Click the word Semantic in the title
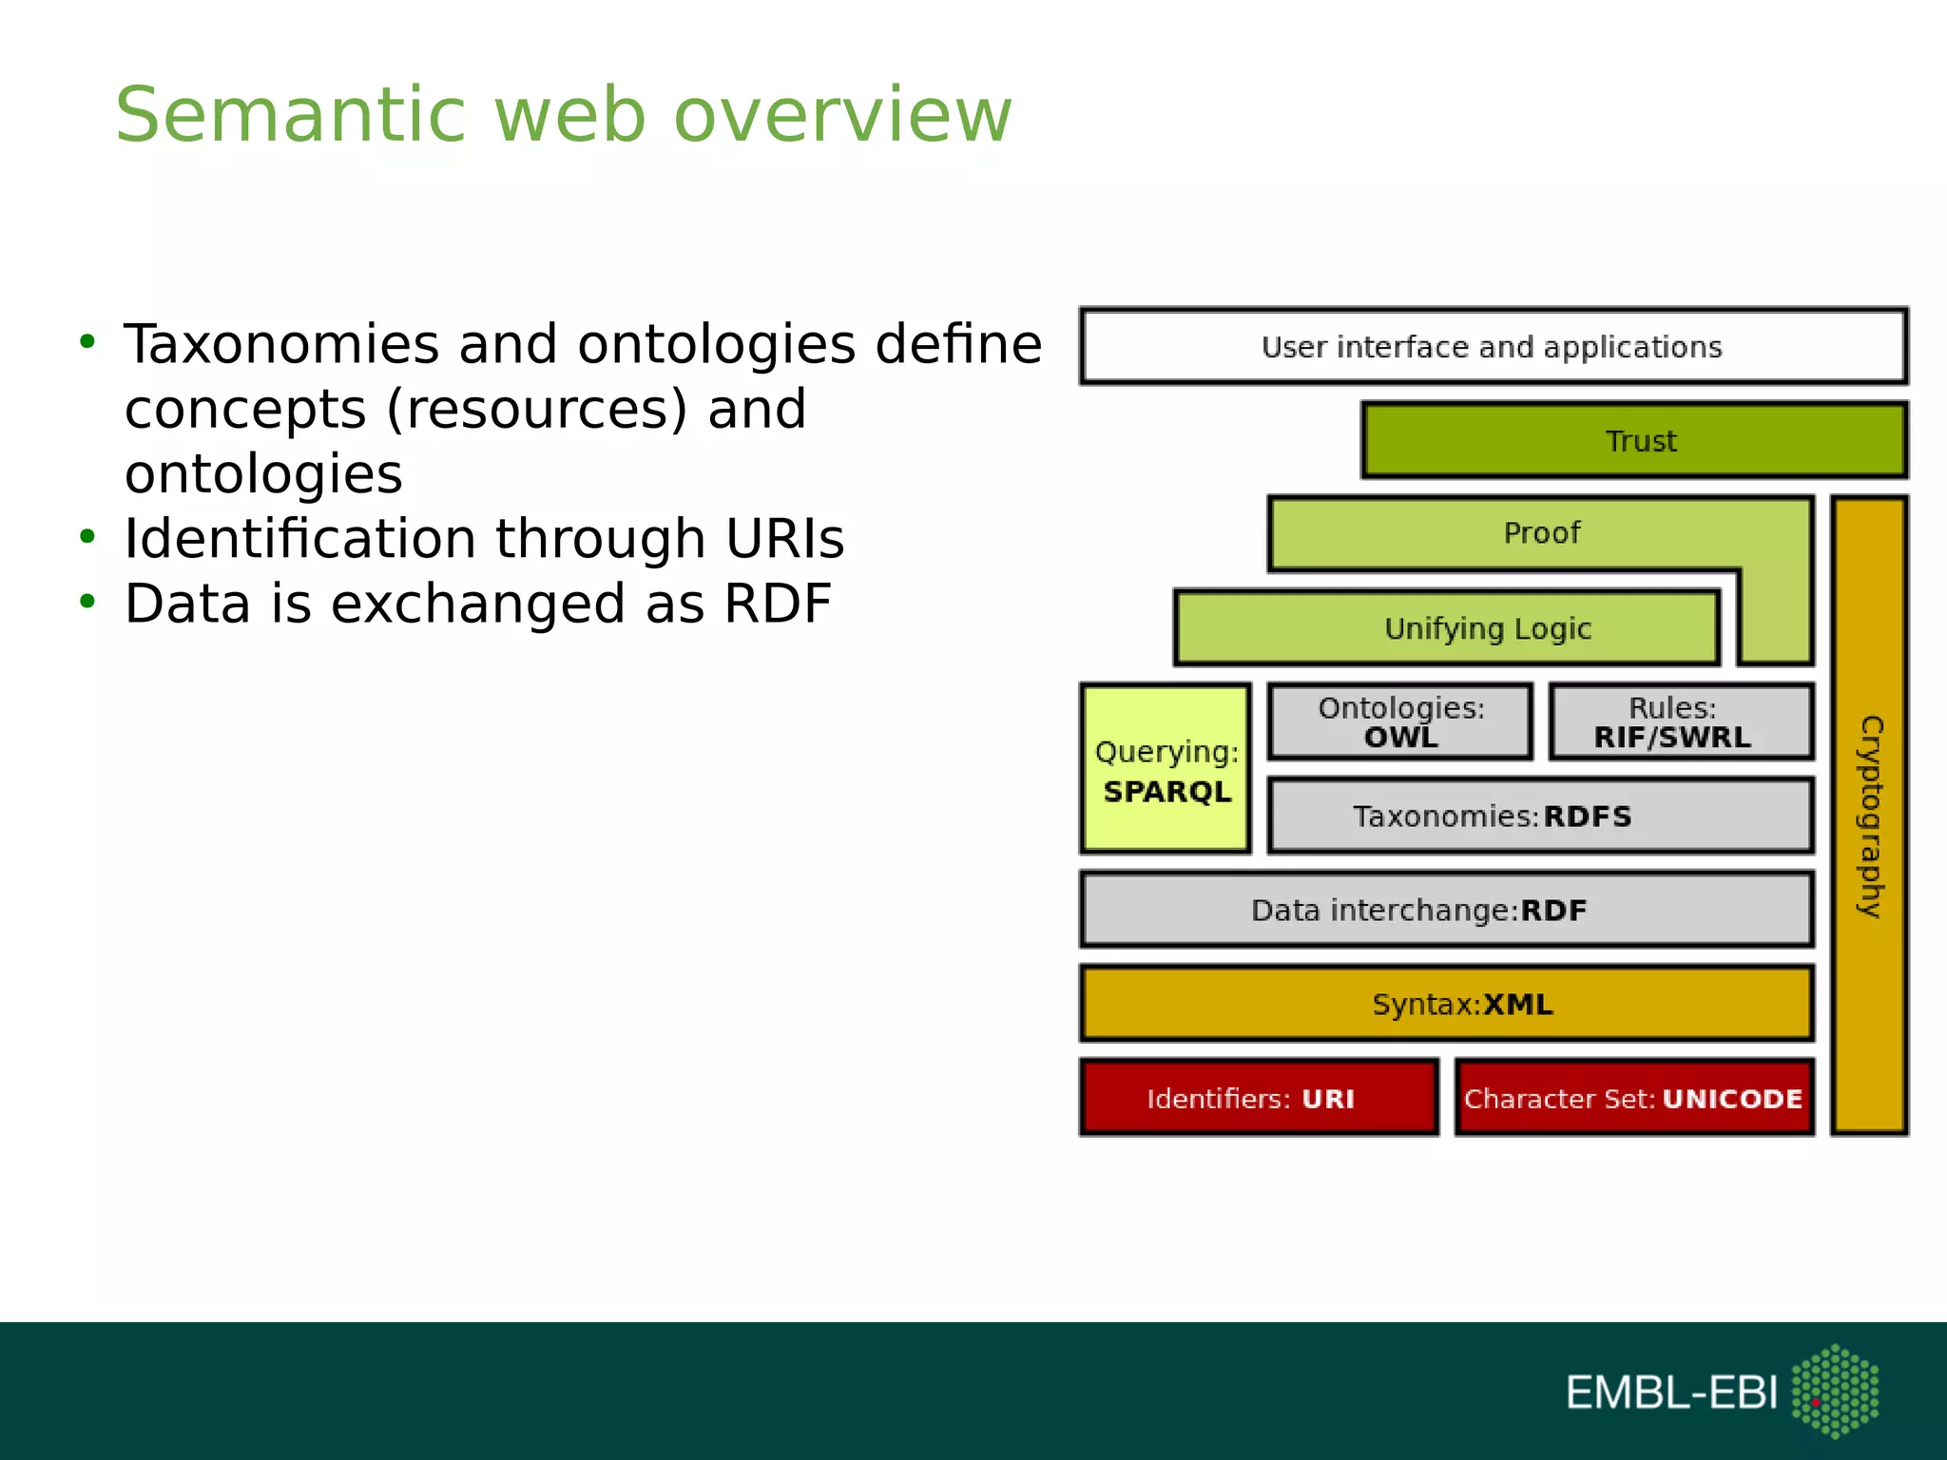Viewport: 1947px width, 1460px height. click(290, 115)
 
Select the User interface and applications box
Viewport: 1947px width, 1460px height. click(1493, 346)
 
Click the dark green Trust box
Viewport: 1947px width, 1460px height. click(1633, 440)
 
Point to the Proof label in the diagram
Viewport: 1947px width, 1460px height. click(1541, 533)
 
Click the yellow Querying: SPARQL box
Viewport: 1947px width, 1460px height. click(1166, 769)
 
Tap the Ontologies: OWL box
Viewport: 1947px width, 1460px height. click(1400, 722)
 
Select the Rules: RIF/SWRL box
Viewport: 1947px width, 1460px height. click(1681, 722)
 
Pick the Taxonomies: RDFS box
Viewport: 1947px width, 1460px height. click(1540, 816)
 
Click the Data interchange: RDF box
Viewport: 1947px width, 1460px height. click(1446, 910)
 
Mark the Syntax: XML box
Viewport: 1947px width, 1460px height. click(1446, 1004)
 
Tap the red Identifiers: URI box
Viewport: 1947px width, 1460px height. click(1259, 1098)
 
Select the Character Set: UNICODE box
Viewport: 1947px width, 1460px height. click(1633, 1098)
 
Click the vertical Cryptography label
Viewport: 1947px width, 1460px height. click(1870, 816)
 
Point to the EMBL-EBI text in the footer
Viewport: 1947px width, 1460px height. click(1671, 1393)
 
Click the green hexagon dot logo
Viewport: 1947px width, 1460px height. click(1835, 1391)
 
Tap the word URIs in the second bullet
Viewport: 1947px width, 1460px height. click(784, 539)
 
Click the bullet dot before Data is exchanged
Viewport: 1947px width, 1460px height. click(87, 602)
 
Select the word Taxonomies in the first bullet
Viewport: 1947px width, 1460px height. click(281, 344)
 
